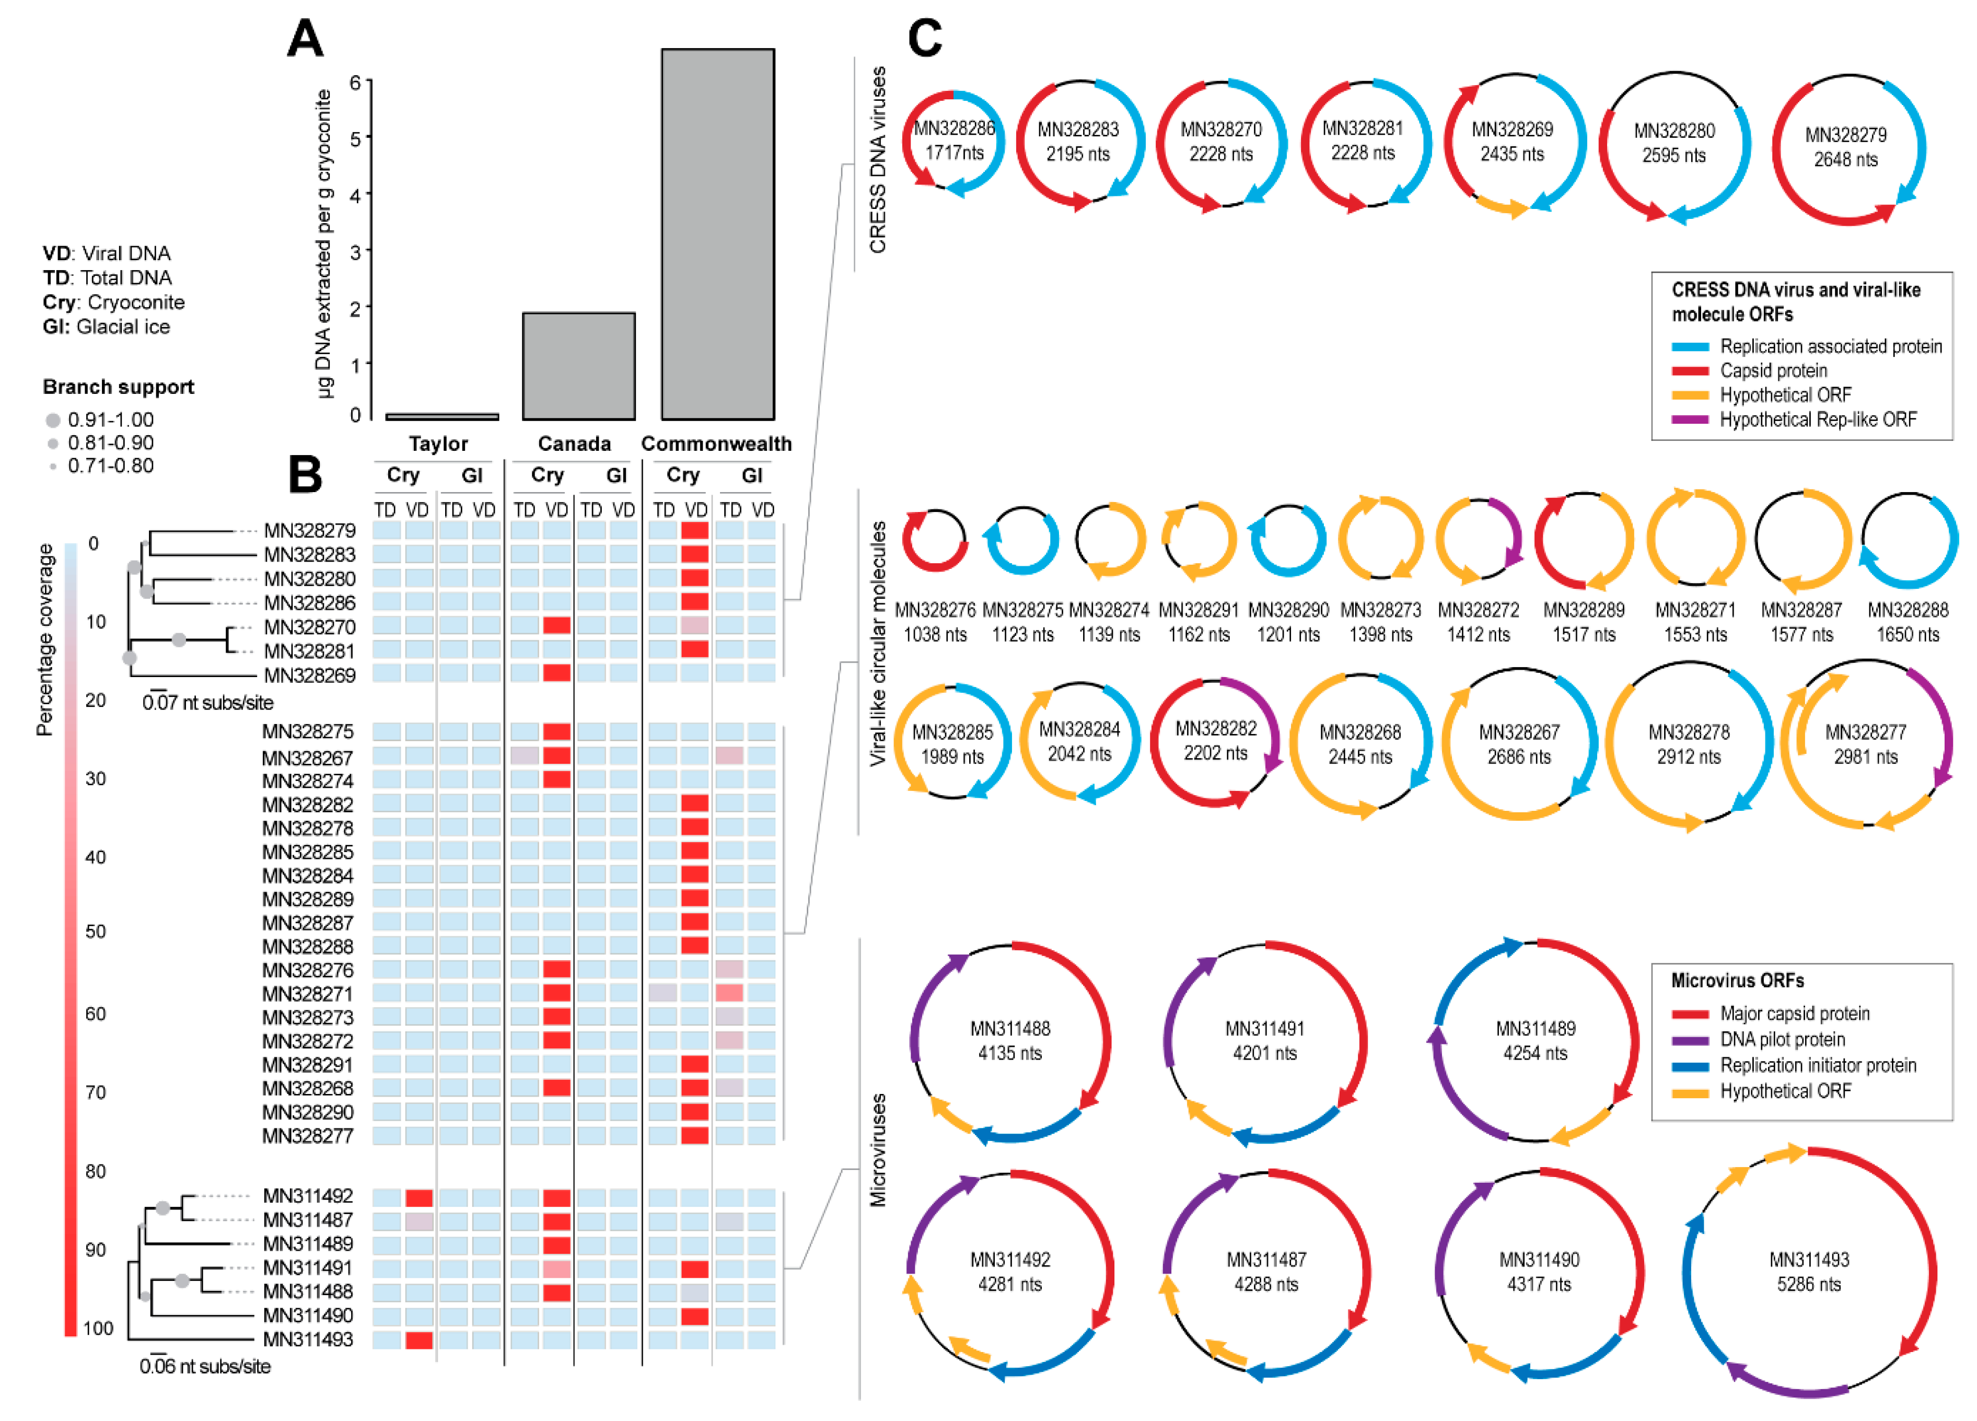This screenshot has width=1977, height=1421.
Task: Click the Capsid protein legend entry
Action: (x=1773, y=370)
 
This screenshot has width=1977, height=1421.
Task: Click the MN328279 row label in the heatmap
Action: (x=309, y=530)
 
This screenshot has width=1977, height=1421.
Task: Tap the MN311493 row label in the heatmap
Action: (x=308, y=1339)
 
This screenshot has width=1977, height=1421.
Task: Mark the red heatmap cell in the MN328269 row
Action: (x=556, y=673)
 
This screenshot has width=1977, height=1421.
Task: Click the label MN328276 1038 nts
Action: (x=935, y=622)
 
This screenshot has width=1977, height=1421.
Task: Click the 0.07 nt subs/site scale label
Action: (x=207, y=703)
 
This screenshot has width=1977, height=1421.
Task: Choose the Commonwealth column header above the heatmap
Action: (x=716, y=444)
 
